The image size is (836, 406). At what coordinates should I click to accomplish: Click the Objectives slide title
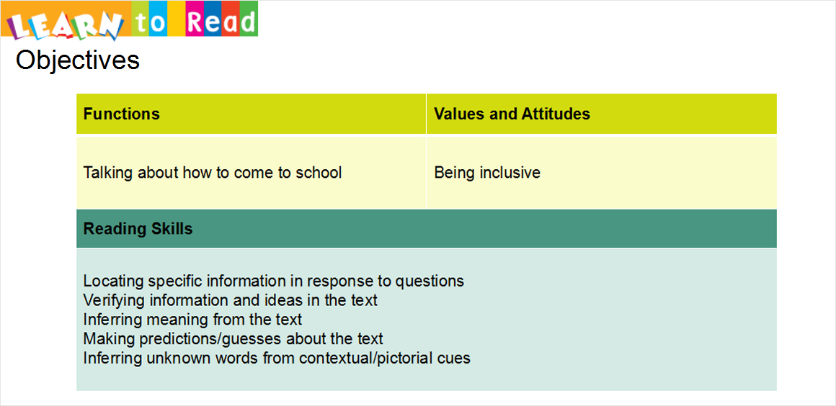(x=78, y=60)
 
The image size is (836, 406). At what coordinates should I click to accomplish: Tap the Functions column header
(x=122, y=114)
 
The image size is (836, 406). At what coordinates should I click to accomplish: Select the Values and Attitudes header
(x=512, y=114)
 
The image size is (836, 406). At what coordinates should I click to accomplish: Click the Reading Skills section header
(x=138, y=229)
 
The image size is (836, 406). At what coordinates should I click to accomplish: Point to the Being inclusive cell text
(x=487, y=173)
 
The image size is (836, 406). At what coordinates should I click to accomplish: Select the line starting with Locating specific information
(x=274, y=281)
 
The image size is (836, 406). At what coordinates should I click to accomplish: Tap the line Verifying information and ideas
(x=231, y=300)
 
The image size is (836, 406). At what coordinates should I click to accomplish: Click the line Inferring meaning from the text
(x=192, y=320)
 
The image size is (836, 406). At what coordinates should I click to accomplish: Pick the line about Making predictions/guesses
(x=233, y=339)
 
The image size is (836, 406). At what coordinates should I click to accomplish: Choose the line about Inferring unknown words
(x=277, y=358)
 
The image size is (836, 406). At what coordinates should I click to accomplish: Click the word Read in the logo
(x=222, y=22)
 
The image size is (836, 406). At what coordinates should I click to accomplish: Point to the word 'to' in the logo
(x=148, y=22)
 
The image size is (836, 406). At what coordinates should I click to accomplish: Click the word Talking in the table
(x=109, y=173)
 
